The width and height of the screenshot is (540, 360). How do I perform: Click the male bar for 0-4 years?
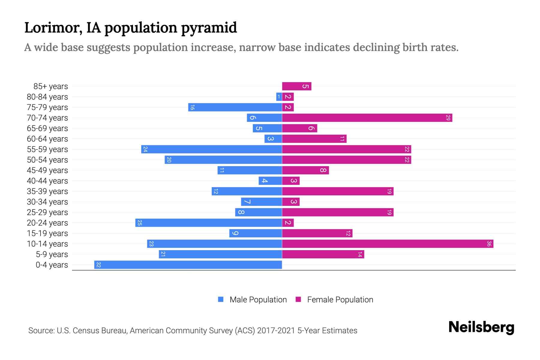(x=188, y=265)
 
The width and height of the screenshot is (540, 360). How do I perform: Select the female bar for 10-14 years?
(x=388, y=244)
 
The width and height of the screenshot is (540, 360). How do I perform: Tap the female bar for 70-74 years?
(x=367, y=118)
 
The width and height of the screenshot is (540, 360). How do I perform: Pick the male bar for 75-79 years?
(x=235, y=107)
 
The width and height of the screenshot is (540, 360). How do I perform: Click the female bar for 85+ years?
(x=297, y=86)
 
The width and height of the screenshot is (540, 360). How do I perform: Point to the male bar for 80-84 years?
(x=279, y=97)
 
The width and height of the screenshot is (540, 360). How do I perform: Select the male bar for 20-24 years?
(x=208, y=223)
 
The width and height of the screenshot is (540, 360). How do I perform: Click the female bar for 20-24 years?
(x=288, y=223)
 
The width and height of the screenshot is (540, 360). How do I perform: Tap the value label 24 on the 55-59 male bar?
(x=145, y=149)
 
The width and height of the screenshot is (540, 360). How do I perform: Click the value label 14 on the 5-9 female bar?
(x=360, y=254)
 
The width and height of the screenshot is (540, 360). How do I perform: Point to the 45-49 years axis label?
(x=47, y=170)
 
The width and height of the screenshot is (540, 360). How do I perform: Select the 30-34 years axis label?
(x=47, y=202)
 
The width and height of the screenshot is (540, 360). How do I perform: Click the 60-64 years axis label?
(x=47, y=139)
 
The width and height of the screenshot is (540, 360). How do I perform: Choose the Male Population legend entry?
(x=258, y=299)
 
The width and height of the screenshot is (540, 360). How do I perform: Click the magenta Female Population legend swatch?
(x=298, y=299)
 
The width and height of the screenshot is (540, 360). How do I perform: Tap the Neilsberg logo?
(x=481, y=327)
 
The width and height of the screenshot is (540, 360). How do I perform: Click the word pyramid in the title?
(x=209, y=28)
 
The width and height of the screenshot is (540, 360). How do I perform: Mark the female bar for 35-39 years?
(x=337, y=191)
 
